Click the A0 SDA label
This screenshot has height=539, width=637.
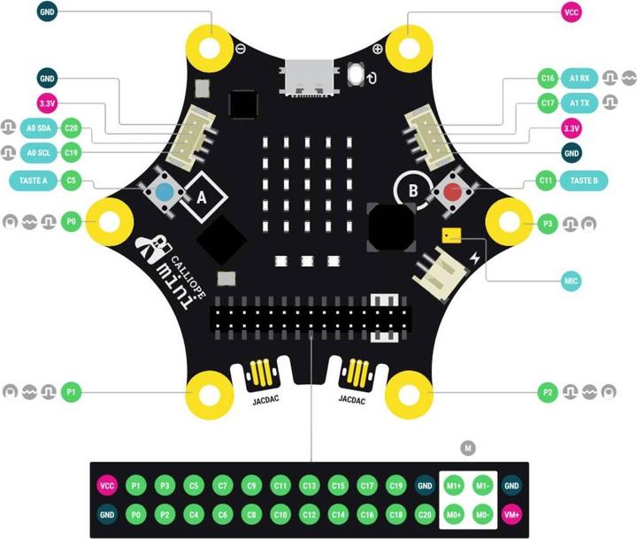click(x=38, y=128)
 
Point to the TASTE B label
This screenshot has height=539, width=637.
click(x=583, y=181)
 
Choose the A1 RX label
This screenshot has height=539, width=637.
click(x=579, y=79)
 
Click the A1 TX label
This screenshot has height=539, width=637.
click(x=579, y=104)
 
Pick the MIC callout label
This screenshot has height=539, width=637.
click(x=572, y=281)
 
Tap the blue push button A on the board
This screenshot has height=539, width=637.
click(x=164, y=191)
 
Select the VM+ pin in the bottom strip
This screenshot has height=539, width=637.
click(x=511, y=513)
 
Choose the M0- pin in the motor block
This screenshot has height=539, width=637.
click(x=482, y=513)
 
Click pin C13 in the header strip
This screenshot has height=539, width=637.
click(x=310, y=485)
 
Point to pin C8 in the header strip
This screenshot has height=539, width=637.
click(x=251, y=513)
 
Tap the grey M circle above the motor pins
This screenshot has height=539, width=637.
click(x=468, y=449)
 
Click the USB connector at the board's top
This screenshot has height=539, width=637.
click(x=309, y=79)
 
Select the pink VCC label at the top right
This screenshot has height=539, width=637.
click(x=571, y=13)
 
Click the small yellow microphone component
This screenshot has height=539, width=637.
click(x=451, y=235)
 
